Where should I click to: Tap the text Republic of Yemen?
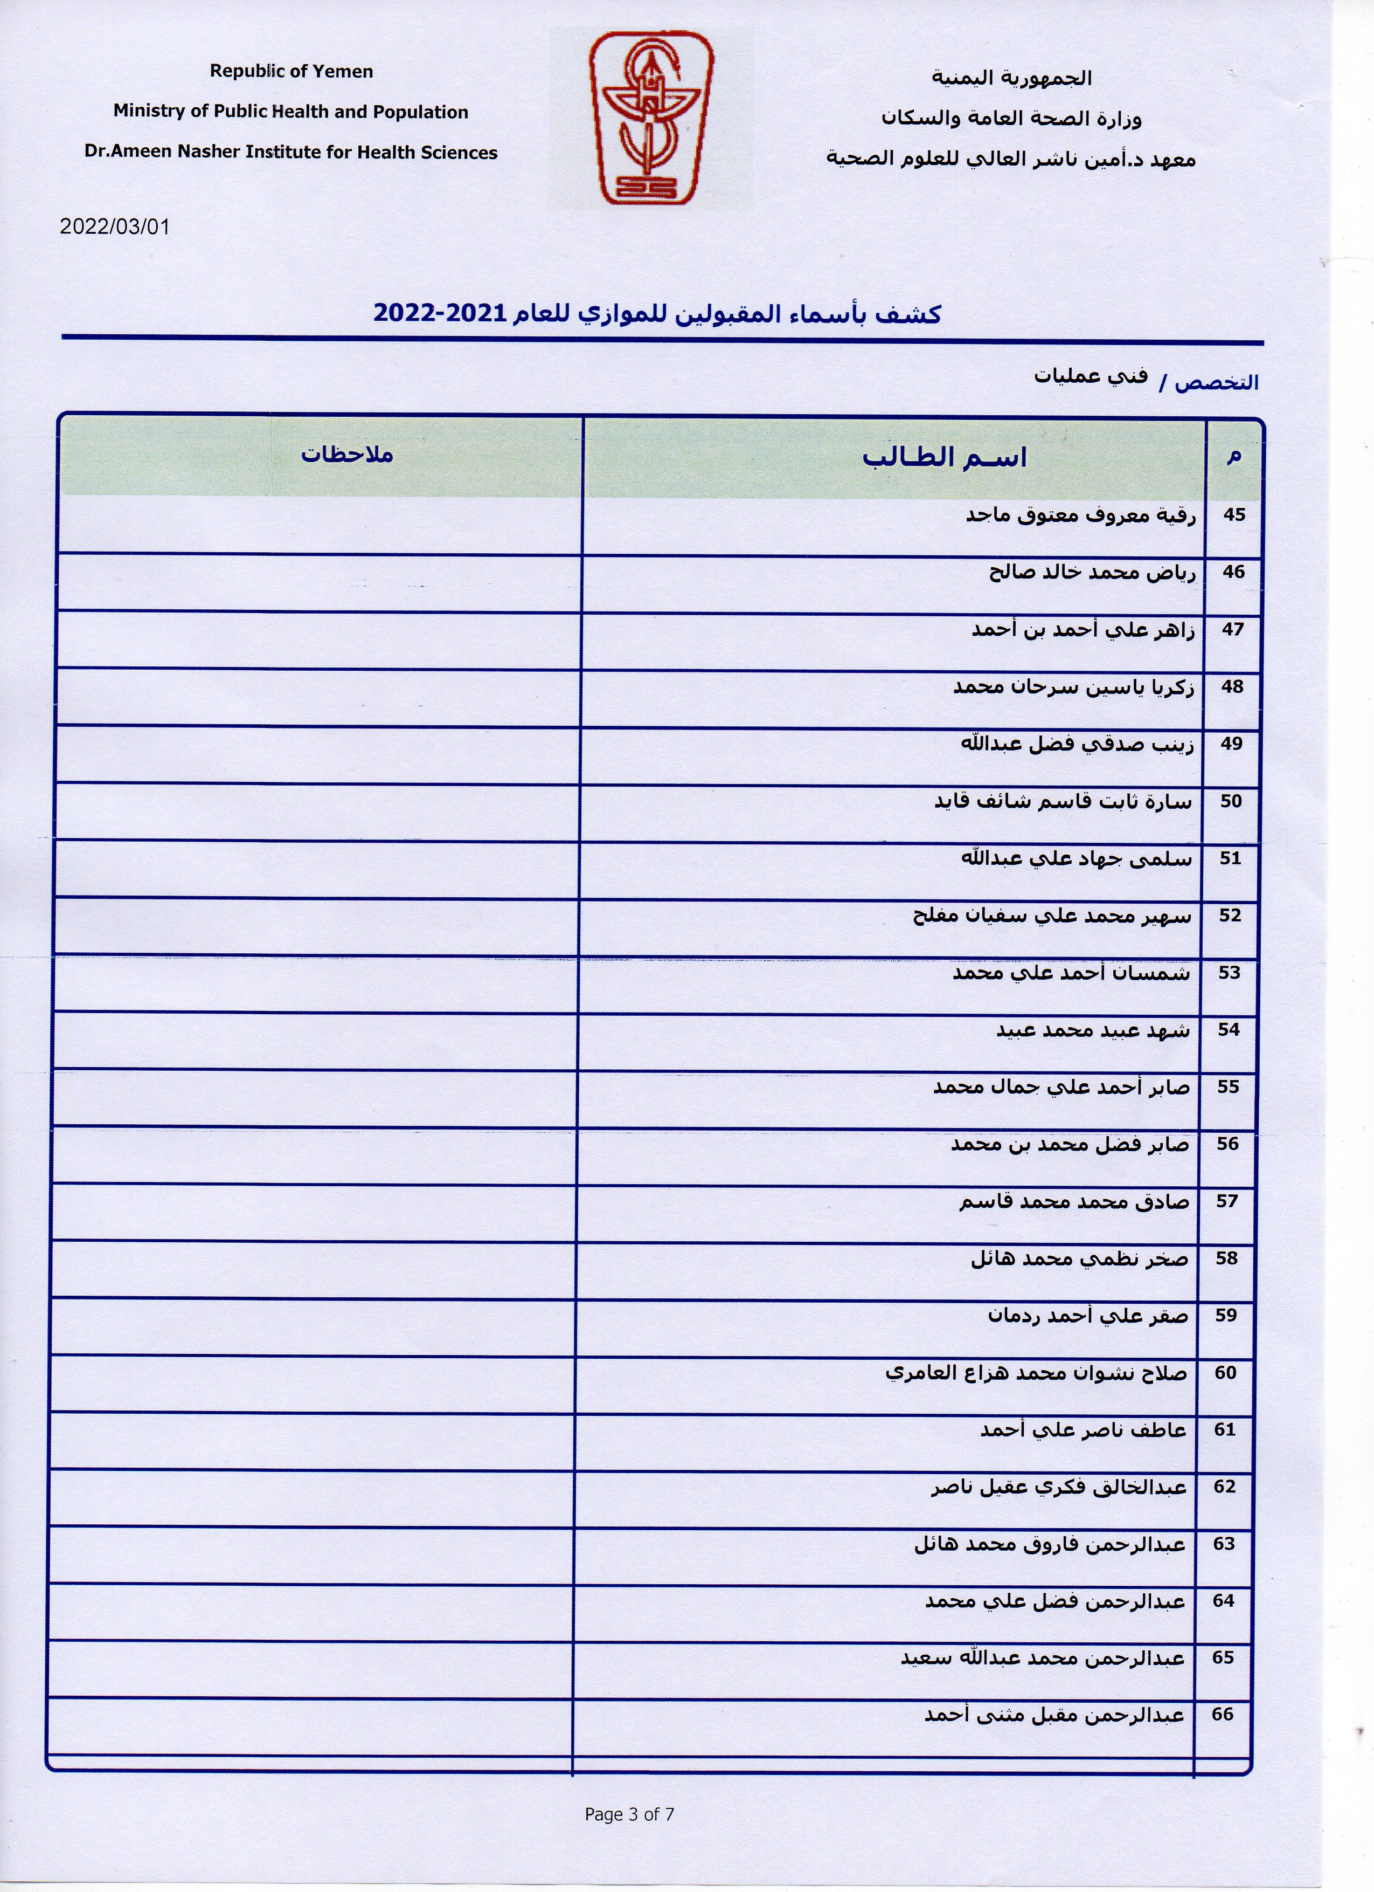coord(291,72)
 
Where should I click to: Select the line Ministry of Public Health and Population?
coord(291,112)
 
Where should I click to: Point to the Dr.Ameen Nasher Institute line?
coord(291,153)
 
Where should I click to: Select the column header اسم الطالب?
coord(944,458)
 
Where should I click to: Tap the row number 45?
coord(1234,515)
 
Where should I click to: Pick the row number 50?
coord(1231,802)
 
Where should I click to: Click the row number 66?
coord(1222,1714)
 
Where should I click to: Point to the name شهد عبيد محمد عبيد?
coord(1092,1031)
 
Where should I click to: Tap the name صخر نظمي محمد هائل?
coord(1079,1259)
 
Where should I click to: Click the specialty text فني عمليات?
coord(1091,376)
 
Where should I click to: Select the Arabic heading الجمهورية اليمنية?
coord(1011,78)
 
